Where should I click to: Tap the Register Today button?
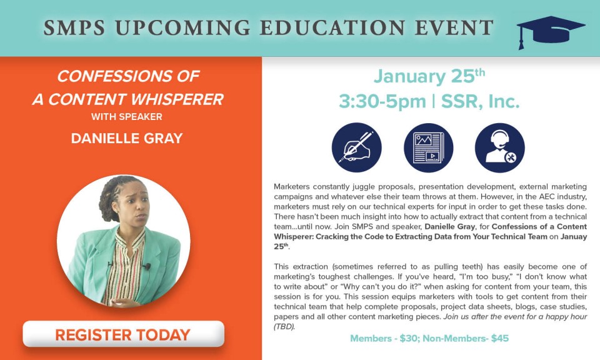pyautogui.click(x=123, y=334)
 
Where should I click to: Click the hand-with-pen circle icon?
pyautogui.click(x=357, y=147)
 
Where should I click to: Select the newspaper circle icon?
pyautogui.click(x=429, y=147)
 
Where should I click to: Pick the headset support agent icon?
pyautogui.click(x=500, y=147)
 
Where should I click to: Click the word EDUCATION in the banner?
pyautogui.click(x=332, y=27)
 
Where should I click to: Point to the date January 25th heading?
pyautogui.click(x=429, y=76)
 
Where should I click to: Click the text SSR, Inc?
pyautogui.click(x=480, y=101)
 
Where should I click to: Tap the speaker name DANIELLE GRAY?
pyautogui.click(x=127, y=139)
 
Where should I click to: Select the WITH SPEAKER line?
pyautogui.click(x=127, y=117)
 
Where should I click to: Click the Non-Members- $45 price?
pyautogui.click(x=466, y=339)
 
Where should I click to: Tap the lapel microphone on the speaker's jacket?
pyautogui.click(x=146, y=266)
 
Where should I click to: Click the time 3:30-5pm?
pyautogui.click(x=382, y=102)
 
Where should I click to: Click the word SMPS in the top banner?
pyautogui.click(x=74, y=27)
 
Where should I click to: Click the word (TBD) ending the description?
pyautogui.click(x=284, y=327)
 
